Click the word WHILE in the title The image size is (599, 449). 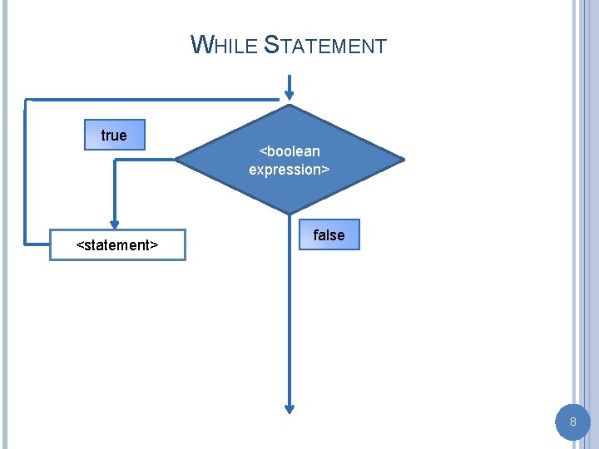224,45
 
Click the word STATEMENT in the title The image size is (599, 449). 325,45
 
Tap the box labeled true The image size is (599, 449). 115,135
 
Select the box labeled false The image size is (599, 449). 329,235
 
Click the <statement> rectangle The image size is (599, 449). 117,245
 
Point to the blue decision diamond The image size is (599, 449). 290,159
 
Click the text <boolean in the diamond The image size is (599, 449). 290,151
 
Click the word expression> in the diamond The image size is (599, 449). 290,170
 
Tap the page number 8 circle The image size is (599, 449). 572,422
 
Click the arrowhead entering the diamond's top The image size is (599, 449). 290,92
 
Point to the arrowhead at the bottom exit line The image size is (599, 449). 290,407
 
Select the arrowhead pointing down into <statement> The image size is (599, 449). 115,224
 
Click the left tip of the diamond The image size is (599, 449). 176,160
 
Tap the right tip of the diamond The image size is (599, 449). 403,160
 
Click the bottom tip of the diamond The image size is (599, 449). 290,214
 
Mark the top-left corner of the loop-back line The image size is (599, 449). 26,101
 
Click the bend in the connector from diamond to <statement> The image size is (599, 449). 115,160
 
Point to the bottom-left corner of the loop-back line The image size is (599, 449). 26,244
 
